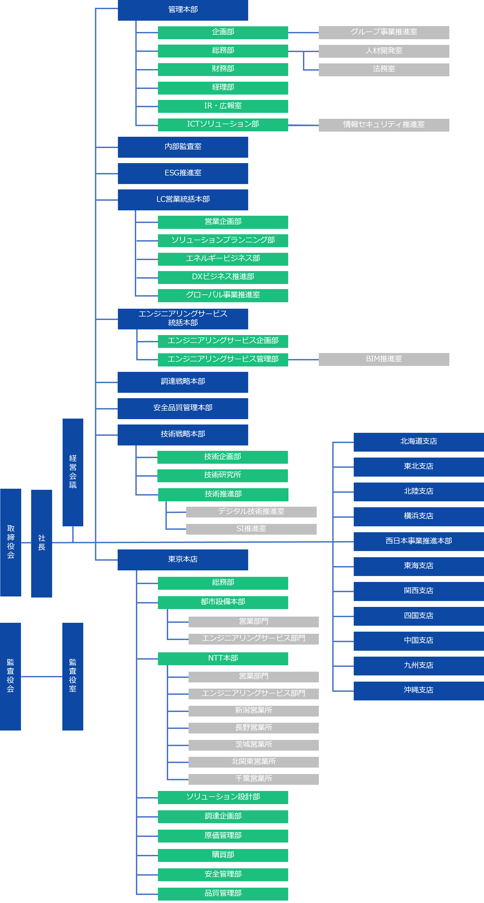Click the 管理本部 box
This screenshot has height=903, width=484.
pyautogui.click(x=183, y=10)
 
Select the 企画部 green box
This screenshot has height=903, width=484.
pyautogui.click(x=223, y=33)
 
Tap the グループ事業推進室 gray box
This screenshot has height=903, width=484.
pyautogui.click(x=384, y=33)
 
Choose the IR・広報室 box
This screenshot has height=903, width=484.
pyautogui.click(x=223, y=106)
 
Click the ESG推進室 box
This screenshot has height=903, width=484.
pyautogui.click(x=183, y=174)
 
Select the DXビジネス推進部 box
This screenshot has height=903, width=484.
pyautogui.click(x=223, y=277)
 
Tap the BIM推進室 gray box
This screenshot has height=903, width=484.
pyautogui.click(x=384, y=359)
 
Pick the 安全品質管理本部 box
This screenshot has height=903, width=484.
pyautogui.click(x=183, y=408)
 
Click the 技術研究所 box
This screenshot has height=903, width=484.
pyautogui.click(x=223, y=476)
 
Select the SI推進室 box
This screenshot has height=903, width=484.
pyautogui.click(x=251, y=529)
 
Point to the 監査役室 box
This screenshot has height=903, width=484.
pyautogui.click(x=73, y=677)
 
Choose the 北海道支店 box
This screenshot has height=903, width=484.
pyautogui.click(x=419, y=442)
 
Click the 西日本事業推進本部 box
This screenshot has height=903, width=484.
pyautogui.click(x=419, y=542)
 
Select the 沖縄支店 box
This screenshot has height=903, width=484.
pyautogui.click(x=419, y=691)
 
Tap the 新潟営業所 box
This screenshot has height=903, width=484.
pyautogui.click(x=254, y=711)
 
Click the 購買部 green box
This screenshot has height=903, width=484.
pyautogui.click(x=223, y=855)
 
